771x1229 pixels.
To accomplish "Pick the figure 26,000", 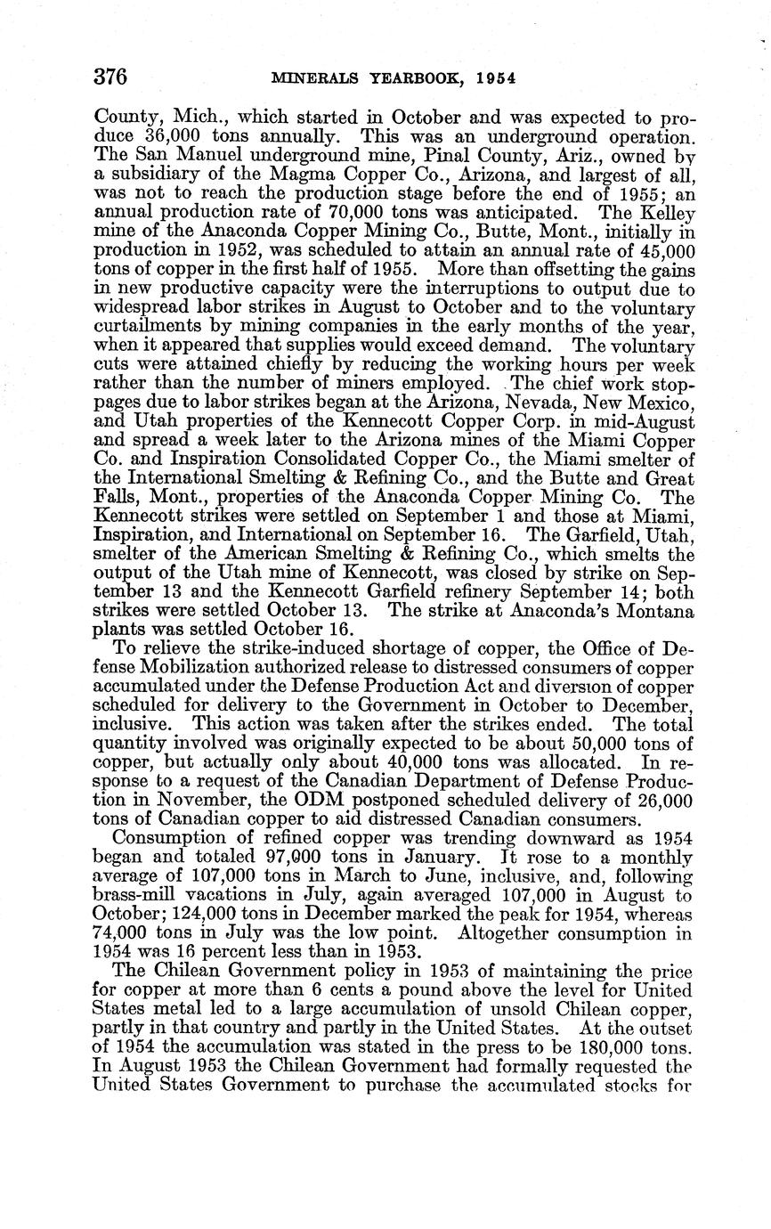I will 659,802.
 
